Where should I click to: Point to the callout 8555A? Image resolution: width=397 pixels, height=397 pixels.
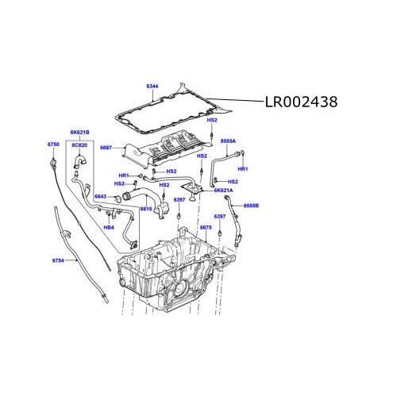(228, 140)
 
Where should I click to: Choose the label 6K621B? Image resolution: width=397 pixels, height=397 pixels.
(79, 131)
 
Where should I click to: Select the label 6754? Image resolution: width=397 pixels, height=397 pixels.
(58, 260)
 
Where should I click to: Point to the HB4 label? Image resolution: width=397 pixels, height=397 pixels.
(110, 227)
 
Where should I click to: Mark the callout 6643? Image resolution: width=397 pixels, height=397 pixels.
(100, 196)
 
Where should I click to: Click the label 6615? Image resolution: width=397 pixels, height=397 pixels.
(146, 208)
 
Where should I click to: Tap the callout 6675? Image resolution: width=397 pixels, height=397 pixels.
(206, 228)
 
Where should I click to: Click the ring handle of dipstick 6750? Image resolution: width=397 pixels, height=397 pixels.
(53, 163)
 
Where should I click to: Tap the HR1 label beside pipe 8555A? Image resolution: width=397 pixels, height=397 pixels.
(243, 169)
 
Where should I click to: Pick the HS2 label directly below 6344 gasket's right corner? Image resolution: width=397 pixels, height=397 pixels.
(212, 120)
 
